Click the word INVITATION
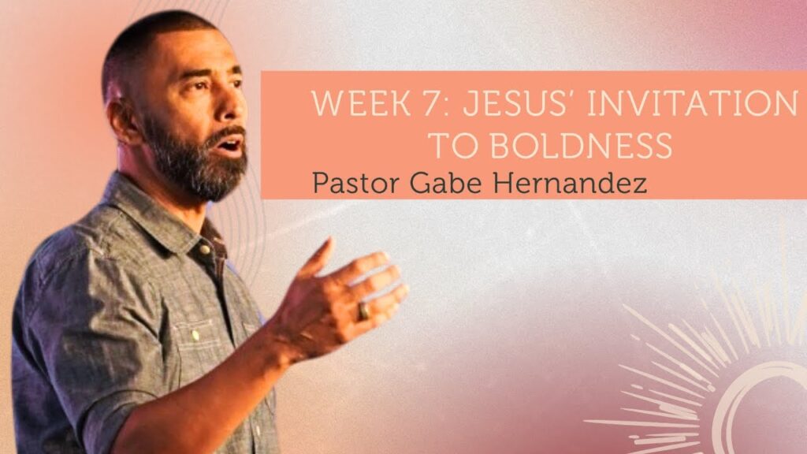pyautogui.click(x=692, y=102)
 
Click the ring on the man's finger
pyautogui.click(x=364, y=311)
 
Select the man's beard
pyautogui.click(x=198, y=162)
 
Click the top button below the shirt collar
pyautogui.click(x=205, y=250)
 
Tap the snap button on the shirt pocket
pyautogui.click(x=195, y=336)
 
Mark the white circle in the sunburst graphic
pyautogui.click(x=762, y=407)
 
